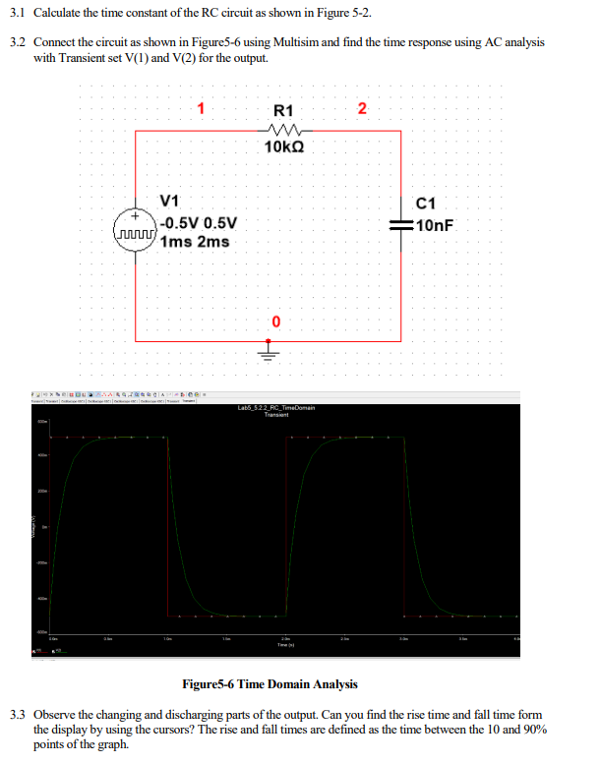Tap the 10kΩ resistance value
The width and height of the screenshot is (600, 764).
[284, 147]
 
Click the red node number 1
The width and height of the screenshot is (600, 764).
[201, 109]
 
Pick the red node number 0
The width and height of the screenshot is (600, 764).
[276, 322]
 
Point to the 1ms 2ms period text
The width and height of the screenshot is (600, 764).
[195, 241]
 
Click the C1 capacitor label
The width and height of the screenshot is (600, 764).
[426, 205]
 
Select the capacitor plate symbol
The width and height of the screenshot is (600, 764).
[400, 225]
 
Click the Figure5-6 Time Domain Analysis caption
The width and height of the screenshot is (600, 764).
[270, 684]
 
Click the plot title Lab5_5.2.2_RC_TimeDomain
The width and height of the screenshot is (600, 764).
[275, 407]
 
